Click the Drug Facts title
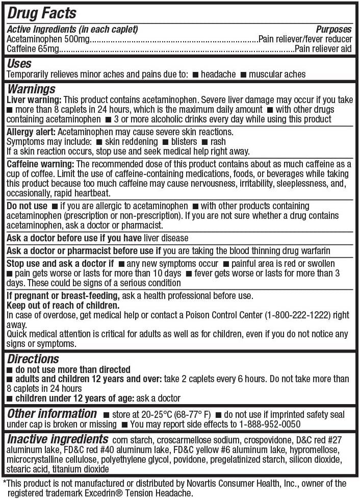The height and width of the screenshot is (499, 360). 42,13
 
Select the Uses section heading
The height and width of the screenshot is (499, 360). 19,64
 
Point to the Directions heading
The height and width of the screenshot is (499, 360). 33,359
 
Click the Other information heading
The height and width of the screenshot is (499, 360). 52,414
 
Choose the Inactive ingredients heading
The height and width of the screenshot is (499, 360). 58,439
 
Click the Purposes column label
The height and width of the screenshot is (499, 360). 333,30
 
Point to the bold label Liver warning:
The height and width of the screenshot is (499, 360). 34,100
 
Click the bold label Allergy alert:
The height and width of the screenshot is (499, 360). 28,132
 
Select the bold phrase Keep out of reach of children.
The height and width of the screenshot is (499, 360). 63,305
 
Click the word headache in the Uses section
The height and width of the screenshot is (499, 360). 218,74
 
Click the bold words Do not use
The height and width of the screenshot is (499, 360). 27,206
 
